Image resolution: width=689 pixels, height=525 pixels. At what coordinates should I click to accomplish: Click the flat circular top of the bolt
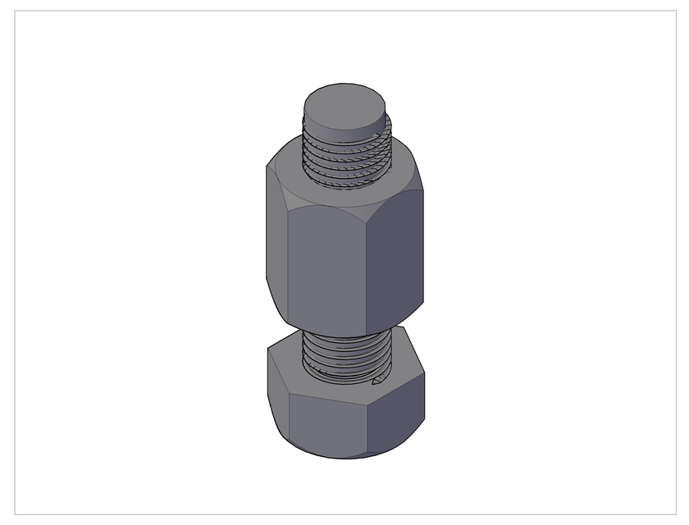coord(344,104)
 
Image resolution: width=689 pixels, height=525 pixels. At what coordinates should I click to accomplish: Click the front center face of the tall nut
coord(326,262)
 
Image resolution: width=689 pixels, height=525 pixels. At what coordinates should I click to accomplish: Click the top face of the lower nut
coord(287,361)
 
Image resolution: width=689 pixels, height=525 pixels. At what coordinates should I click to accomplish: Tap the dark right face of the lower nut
coord(395,414)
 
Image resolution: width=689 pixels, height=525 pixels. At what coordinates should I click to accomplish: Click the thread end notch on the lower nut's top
coord(379,380)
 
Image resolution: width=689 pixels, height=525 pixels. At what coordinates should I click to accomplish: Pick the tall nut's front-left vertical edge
coord(289,262)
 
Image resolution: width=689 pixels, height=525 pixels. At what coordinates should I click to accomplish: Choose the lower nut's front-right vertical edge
coord(367,422)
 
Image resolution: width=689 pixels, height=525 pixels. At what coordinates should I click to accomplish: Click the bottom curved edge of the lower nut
coord(344,456)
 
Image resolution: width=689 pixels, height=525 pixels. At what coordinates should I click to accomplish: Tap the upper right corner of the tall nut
coord(423,192)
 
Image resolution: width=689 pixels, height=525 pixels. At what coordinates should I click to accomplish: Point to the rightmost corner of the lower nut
coord(425,374)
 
